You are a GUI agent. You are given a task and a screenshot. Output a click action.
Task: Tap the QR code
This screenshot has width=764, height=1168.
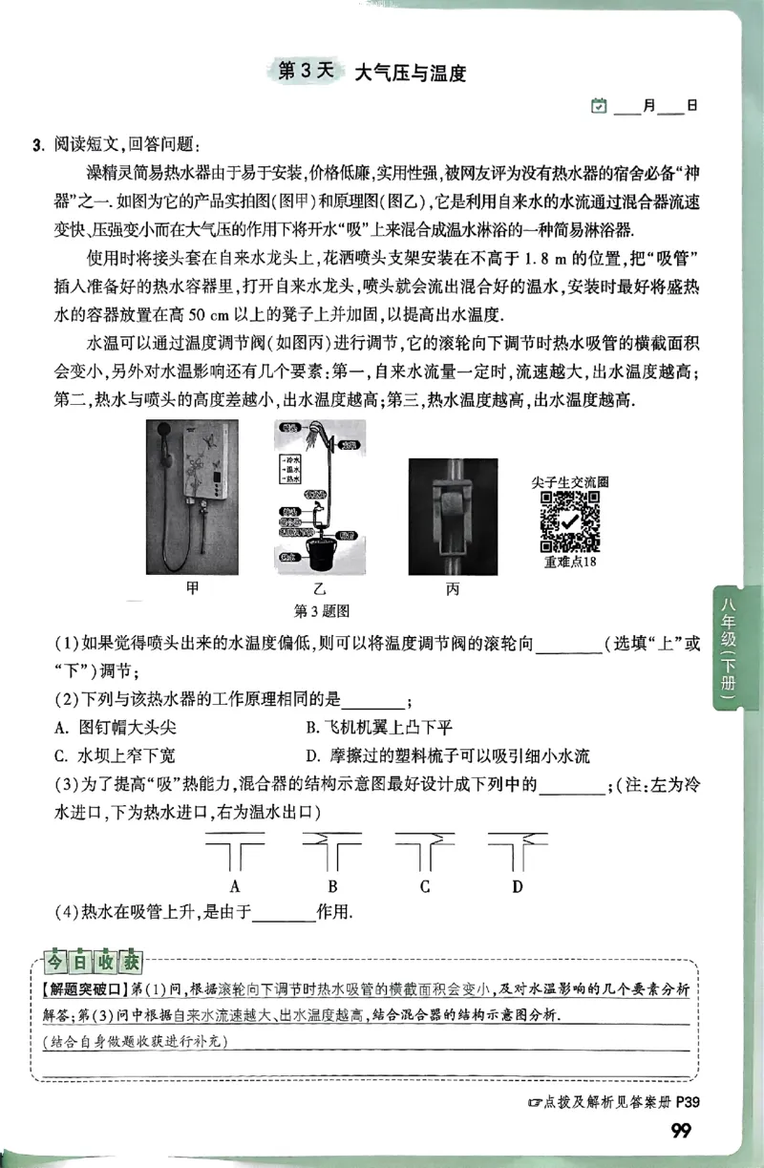coord(569,522)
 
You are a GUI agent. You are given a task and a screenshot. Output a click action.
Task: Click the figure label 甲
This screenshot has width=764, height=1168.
coord(194,588)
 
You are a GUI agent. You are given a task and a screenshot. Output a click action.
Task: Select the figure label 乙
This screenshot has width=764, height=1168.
coord(320,589)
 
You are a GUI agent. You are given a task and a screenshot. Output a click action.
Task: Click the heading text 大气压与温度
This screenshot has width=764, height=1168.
coord(410,73)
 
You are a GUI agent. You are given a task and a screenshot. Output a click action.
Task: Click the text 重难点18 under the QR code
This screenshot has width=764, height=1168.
coord(569,563)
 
